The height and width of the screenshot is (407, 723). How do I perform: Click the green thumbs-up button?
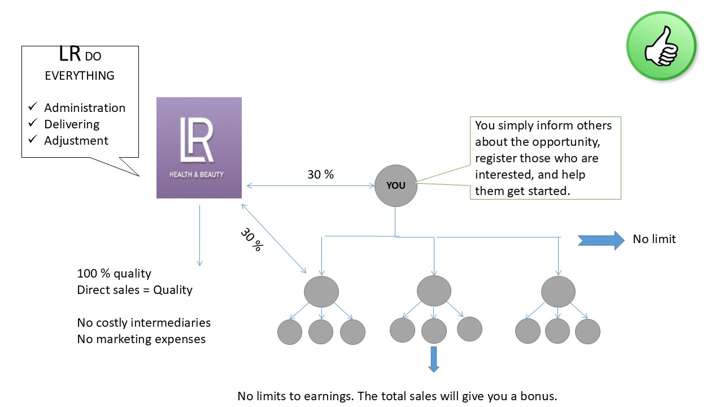pos(661,46)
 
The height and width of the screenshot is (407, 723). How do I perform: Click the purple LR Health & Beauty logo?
pos(199,148)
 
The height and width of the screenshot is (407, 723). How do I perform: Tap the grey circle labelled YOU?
pos(395,185)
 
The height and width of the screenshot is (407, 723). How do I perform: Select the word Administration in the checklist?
pos(85,108)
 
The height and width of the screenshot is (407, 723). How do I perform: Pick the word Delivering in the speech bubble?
pos(72,124)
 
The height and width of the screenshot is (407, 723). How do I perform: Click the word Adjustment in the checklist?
pos(76,140)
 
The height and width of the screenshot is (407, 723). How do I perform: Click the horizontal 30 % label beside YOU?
pos(320,175)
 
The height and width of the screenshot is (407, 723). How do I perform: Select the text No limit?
pos(654,239)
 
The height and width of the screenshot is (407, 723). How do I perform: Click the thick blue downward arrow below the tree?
pos(433,359)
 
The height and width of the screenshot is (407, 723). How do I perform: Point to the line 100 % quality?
pos(114,274)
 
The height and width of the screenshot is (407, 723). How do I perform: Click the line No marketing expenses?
pos(141,339)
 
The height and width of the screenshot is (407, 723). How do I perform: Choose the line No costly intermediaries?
pos(143,323)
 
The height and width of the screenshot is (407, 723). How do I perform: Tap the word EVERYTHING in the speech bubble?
pos(80,76)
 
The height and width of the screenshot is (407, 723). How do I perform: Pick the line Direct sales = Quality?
pos(134,290)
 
